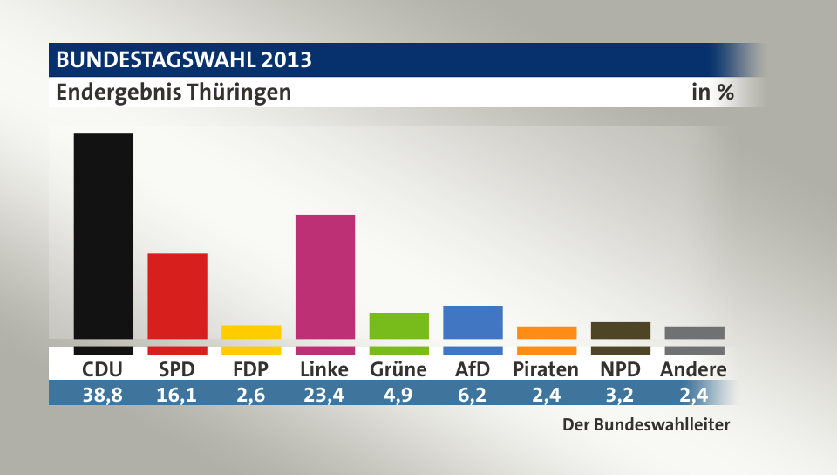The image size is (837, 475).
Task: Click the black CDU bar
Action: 103,236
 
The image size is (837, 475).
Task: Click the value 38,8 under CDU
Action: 103,396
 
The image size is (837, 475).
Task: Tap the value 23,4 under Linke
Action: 324,396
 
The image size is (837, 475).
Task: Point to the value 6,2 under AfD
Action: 473,396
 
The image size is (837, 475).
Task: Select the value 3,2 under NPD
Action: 620,396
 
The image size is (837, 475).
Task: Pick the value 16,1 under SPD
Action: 177,396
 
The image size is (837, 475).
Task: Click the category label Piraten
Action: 546,369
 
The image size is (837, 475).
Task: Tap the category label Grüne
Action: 398,369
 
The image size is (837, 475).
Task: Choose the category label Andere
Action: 694,369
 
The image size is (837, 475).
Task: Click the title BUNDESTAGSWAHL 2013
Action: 184,60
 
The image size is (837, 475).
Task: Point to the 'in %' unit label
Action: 712,92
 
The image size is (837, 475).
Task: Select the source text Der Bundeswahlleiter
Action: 645,426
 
